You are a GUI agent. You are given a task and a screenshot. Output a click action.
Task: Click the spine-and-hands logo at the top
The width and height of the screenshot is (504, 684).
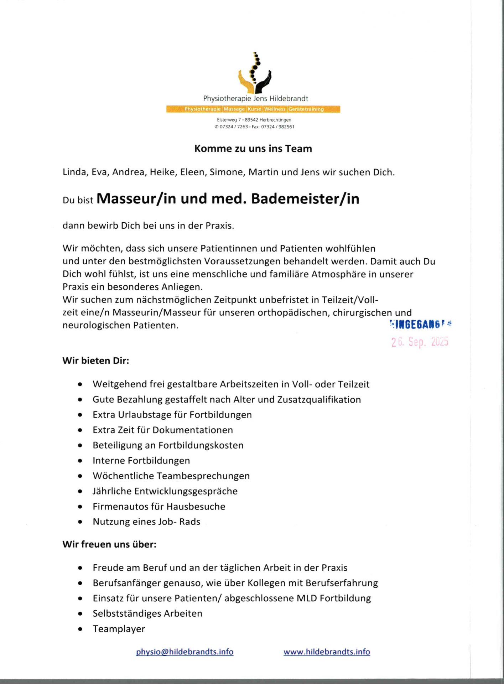(x=254, y=73)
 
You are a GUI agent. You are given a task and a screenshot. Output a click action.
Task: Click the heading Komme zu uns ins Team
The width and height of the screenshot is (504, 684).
(x=253, y=149)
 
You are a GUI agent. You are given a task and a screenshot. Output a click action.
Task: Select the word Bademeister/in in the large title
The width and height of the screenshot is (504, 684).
(x=305, y=199)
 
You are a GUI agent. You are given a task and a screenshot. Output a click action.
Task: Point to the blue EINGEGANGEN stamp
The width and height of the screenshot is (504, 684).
(x=420, y=324)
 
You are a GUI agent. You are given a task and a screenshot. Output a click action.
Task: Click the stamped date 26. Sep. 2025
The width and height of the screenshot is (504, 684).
(x=420, y=342)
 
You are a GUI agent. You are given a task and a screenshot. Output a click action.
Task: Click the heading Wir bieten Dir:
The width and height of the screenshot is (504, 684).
(x=96, y=361)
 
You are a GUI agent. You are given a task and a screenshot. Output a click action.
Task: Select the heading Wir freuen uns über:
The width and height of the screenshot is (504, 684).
(x=109, y=544)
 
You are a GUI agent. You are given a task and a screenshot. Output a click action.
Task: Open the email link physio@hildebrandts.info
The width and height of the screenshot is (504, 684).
(x=185, y=652)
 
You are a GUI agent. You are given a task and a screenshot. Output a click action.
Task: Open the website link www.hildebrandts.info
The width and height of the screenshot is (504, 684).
(x=327, y=652)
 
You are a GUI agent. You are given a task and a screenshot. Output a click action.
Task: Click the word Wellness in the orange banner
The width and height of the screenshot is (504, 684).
(x=275, y=109)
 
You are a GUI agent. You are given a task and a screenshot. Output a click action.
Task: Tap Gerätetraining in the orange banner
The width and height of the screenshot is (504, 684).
(x=306, y=109)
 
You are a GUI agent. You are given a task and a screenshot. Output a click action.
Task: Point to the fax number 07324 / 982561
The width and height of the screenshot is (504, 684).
(x=278, y=127)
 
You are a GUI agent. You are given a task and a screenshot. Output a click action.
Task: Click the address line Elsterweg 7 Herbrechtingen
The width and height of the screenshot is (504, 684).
(x=254, y=120)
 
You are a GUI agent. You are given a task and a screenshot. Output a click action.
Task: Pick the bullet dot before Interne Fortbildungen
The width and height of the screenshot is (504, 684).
(x=80, y=461)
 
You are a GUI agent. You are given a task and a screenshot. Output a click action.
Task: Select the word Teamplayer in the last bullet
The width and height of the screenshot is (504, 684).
(x=119, y=629)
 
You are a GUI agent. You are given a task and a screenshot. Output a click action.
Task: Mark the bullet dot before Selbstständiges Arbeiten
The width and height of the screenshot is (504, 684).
(x=80, y=614)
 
